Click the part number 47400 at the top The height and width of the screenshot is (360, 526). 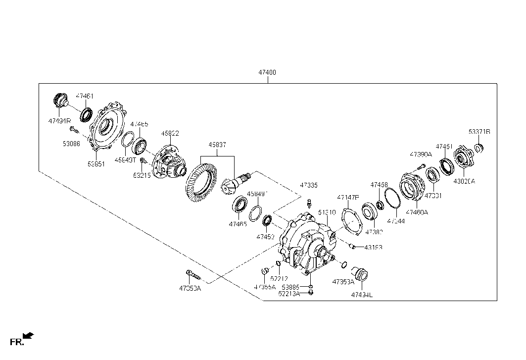pos(267,72)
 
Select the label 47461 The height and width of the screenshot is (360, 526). pos(85,96)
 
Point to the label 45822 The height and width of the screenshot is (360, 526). pos(170,133)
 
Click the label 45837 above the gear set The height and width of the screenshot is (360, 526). pos(217,145)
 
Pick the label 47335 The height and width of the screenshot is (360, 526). pos(308,185)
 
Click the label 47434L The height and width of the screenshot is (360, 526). pos(362,295)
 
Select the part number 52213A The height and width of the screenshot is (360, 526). pos(289,294)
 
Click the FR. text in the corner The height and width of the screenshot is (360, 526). pos(17,342)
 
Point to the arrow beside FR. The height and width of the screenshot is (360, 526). pos(29,336)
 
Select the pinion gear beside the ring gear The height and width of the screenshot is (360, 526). pos(236,182)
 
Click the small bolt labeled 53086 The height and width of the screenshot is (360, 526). pos(74,130)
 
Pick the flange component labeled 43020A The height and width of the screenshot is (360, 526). pos(464,158)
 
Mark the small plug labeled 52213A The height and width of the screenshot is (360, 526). pos(310,293)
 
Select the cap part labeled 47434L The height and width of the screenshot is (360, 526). pos(362,275)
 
